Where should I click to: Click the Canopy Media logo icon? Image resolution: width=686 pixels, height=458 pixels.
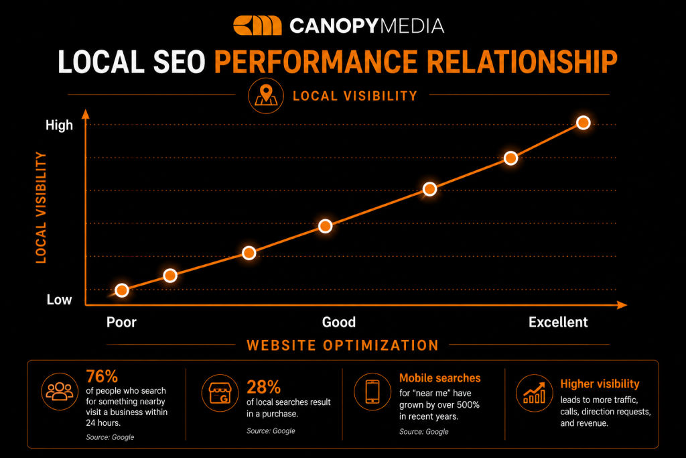[x=257, y=25]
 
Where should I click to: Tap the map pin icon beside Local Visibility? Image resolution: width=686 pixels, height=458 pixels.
[x=266, y=95]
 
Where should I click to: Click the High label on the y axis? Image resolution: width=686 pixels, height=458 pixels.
[x=59, y=125]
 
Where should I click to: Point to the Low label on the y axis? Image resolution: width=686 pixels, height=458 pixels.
[x=59, y=300]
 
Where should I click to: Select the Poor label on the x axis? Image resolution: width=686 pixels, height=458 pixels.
[x=122, y=323]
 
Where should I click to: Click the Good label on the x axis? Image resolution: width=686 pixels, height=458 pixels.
[x=339, y=323]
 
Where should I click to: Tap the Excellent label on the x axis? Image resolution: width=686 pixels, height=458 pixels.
[x=558, y=323]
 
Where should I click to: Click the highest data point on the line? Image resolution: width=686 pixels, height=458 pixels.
[x=584, y=123]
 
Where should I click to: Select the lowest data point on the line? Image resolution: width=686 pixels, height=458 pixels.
[x=122, y=290]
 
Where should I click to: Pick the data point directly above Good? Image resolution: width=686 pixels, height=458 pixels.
[x=325, y=226]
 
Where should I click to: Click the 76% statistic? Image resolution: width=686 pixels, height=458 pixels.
[x=102, y=376]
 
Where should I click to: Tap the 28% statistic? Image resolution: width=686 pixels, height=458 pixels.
[x=263, y=387]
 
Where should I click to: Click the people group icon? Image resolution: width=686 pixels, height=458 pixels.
[x=60, y=392]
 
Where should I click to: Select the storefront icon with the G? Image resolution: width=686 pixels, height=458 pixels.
[x=220, y=393]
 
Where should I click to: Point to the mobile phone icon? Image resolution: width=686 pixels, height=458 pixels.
[x=372, y=392]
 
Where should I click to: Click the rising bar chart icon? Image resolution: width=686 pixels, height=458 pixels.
[x=534, y=393]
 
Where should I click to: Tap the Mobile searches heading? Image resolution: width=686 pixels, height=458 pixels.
[x=439, y=378]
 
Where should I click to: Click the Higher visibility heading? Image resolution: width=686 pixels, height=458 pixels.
[x=600, y=384]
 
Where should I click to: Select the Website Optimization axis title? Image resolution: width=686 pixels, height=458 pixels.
[x=342, y=345]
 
